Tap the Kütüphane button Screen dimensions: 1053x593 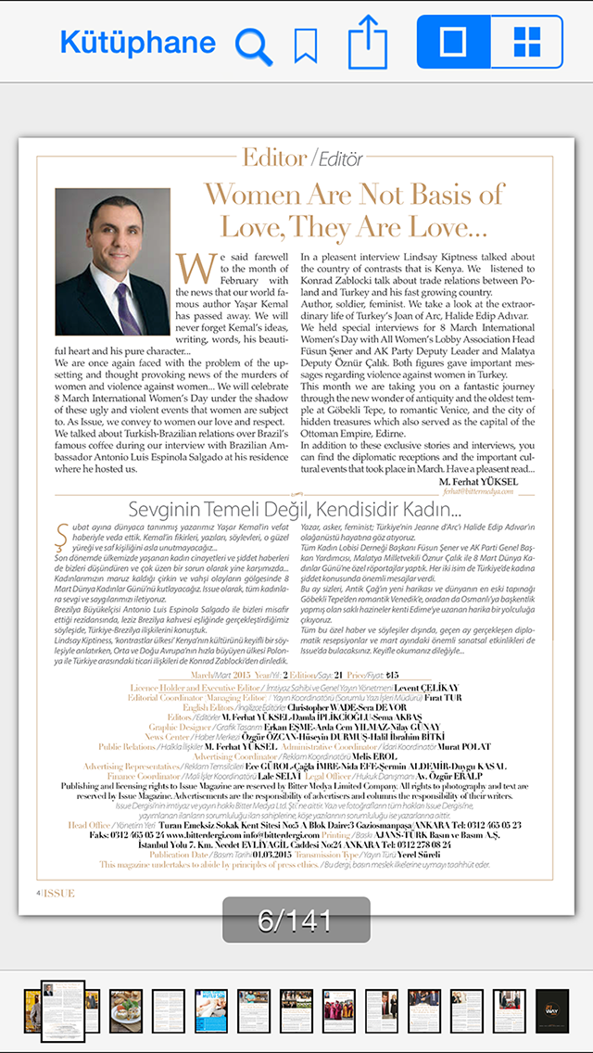click(x=137, y=42)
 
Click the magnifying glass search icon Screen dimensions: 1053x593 click(x=253, y=44)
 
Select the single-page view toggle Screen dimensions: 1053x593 click(x=453, y=42)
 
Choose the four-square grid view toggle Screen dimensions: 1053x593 click(x=526, y=42)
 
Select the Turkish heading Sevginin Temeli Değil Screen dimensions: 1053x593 click(x=295, y=509)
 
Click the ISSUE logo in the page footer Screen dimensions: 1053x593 click(x=57, y=893)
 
